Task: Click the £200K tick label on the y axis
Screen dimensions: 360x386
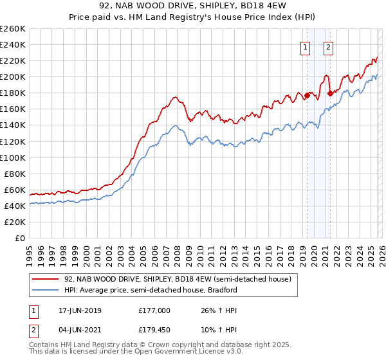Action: pos(13,76)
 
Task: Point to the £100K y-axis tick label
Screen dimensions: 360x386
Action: pos(13,157)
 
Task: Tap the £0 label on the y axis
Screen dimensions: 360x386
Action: pos(19,238)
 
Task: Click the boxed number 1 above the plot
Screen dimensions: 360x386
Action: pos(304,46)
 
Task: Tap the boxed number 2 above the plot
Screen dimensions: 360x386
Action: pos(328,46)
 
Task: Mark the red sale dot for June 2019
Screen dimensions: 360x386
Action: pos(307,95)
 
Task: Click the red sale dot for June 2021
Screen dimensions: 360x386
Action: pos(329,93)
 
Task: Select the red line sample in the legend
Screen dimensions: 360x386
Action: pos(45,279)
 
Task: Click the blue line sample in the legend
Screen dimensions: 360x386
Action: pos(45,290)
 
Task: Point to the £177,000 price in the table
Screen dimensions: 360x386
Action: pos(154,310)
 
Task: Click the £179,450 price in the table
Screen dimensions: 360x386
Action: pos(154,332)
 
